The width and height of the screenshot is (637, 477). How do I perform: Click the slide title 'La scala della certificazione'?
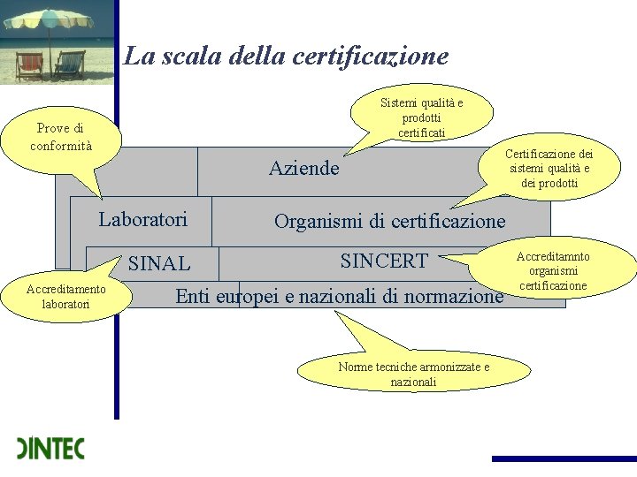pos(286,57)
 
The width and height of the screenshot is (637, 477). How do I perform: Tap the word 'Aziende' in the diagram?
pos(303,168)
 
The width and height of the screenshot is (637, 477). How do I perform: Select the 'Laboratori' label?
pos(143,219)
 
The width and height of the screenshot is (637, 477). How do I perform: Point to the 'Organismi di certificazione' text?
pos(389,221)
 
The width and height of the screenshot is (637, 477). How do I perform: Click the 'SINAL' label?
pos(159,263)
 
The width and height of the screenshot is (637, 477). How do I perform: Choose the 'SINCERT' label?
pos(384,261)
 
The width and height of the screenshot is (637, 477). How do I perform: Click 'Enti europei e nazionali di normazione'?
pos(339,297)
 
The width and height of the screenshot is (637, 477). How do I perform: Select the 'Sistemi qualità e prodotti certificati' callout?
pos(421,117)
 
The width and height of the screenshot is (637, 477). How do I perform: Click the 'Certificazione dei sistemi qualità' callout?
pos(549,168)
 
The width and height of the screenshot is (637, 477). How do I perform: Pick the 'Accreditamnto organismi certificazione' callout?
pos(554,270)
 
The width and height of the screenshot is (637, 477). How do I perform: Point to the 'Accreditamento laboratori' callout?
pos(65,296)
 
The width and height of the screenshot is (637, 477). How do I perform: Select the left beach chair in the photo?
pos(29,64)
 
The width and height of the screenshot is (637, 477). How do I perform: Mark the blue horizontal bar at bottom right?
pos(564,458)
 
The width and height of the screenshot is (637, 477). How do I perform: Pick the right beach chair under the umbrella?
pos(71,64)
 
